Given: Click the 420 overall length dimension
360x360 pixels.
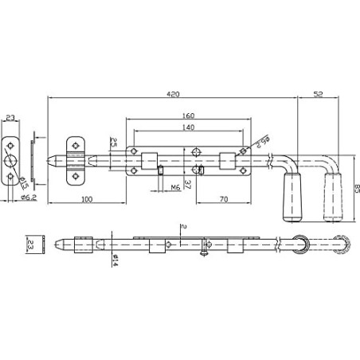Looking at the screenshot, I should [x=172, y=92].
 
